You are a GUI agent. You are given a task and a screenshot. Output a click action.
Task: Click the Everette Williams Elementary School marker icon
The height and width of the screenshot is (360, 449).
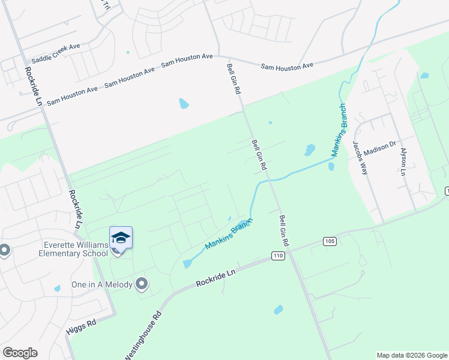pos(121,238)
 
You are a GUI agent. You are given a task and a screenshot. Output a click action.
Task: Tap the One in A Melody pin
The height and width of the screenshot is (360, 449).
pos(142,284)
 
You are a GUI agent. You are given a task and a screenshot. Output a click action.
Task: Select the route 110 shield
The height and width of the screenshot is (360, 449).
pos(277,256)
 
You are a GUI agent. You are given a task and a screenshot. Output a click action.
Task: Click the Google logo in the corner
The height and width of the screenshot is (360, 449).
pos(20,353)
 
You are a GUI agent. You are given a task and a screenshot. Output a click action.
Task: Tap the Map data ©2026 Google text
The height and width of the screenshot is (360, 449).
pos(411,355)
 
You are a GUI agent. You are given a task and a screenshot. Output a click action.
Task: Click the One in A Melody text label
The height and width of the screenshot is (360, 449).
pos(102,284)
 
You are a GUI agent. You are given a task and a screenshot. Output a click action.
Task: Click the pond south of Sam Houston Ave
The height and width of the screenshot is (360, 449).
pos(183,104)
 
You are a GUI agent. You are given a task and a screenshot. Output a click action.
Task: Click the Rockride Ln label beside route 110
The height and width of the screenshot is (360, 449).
pos(217,277)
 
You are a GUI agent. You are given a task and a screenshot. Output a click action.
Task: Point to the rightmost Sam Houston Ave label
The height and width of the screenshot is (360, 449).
pos(287,66)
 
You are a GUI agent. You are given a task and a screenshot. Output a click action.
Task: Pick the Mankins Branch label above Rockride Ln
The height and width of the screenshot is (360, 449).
pos(229,235)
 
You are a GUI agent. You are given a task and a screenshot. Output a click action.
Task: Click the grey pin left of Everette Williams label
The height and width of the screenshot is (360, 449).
pos(4,250)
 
